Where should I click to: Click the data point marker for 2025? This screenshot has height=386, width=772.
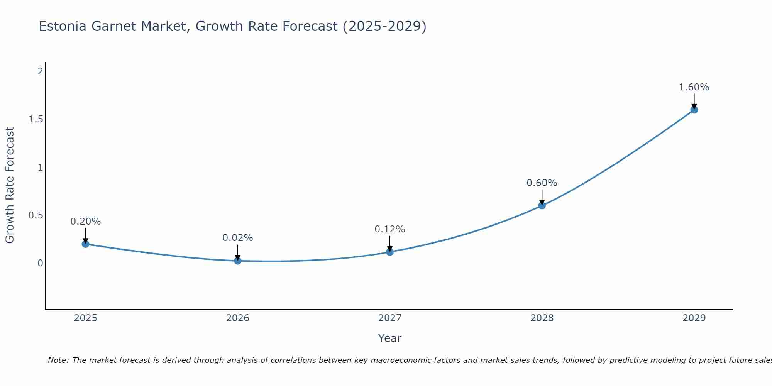click(85, 244)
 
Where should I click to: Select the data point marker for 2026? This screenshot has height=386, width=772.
click(237, 261)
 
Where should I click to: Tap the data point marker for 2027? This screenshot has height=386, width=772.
click(389, 252)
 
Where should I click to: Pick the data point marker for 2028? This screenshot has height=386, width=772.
click(542, 205)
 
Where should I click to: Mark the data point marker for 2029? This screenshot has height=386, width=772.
click(694, 110)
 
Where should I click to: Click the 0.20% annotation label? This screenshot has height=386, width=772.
click(85, 222)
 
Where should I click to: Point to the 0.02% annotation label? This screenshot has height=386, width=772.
click(237, 238)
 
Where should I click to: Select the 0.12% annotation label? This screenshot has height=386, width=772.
click(389, 229)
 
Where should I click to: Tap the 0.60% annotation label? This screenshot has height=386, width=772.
click(542, 183)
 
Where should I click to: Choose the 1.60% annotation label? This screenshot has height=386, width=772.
click(694, 87)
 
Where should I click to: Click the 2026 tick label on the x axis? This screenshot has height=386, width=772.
click(237, 318)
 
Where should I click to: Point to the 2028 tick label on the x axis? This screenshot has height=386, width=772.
click(542, 318)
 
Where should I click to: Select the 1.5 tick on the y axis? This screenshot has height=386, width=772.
click(36, 119)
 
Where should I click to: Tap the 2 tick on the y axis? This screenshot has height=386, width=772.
click(40, 71)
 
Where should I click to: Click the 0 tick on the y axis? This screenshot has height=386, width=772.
click(40, 263)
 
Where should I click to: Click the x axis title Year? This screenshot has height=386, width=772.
click(389, 338)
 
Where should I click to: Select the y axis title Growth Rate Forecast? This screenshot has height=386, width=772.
click(10, 185)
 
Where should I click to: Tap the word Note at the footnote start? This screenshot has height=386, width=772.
click(58, 360)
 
